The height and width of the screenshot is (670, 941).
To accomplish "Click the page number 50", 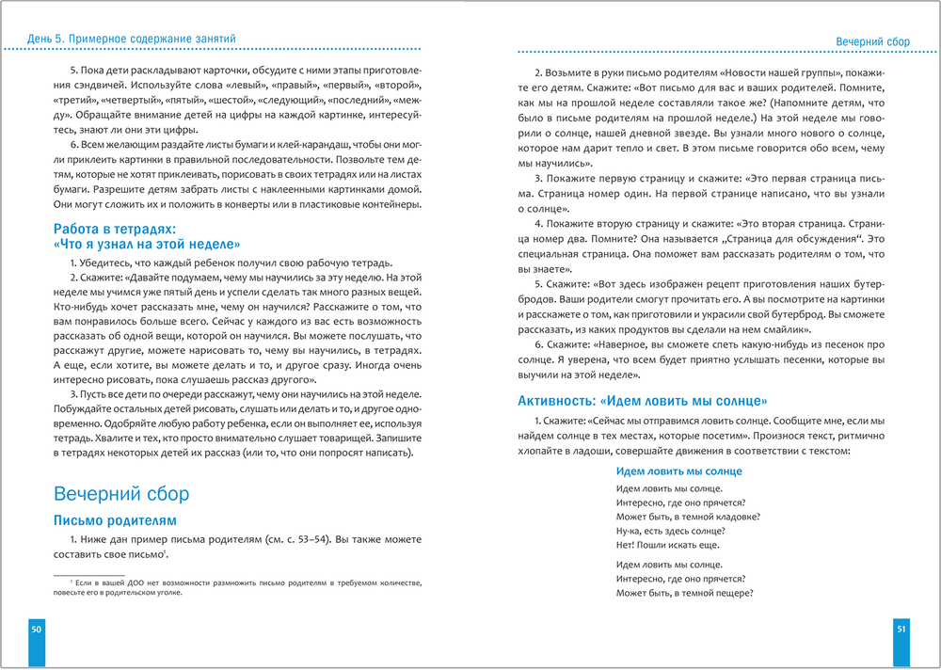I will point(36,629).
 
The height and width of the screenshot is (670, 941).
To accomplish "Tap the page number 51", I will point(901,629).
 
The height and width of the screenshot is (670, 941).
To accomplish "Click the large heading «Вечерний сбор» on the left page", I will point(121,494).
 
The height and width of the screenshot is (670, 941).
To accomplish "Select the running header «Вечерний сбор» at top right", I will point(872,41).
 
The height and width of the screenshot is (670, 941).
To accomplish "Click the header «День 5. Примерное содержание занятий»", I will point(120,38).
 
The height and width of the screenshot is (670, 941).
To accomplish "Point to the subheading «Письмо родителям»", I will point(115,520).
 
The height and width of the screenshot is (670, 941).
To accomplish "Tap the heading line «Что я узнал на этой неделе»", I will point(148,242).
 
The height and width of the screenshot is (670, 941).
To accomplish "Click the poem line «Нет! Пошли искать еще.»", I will point(667,544).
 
